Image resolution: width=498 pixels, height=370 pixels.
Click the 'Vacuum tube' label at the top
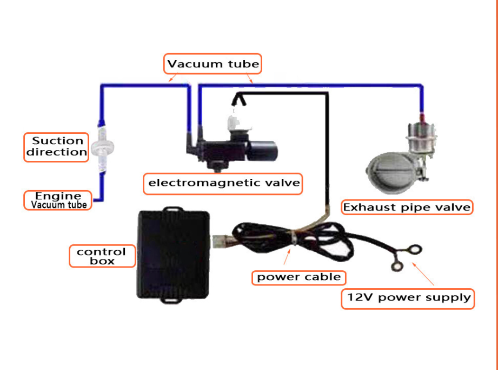(x=213, y=64)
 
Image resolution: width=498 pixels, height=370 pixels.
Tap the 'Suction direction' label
(x=57, y=147)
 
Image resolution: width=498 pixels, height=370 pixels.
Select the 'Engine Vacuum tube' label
(x=58, y=200)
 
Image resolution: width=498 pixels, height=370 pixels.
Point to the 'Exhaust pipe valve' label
(x=407, y=207)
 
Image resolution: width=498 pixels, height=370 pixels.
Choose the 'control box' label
(x=101, y=256)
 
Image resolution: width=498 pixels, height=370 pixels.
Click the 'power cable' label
(x=298, y=277)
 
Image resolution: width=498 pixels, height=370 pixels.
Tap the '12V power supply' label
(x=408, y=297)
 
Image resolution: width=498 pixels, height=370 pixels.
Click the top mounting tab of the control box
(x=172, y=207)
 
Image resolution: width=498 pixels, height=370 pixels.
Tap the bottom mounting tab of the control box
(x=172, y=300)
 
